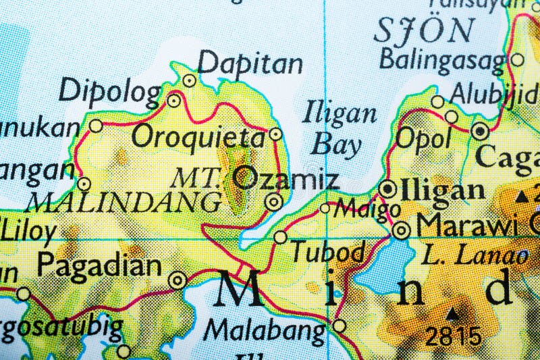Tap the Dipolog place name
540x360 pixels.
[x=110, y=91]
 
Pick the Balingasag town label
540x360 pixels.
[x=442, y=60]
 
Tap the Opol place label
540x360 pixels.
[x=423, y=138]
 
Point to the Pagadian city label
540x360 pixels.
[x=99, y=265]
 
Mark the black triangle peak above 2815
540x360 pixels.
[x=453, y=313]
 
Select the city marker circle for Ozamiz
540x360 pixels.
[x=273, y=201]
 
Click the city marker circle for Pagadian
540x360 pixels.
[x=178, y=280]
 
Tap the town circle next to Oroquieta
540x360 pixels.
[x=275, y=134]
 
